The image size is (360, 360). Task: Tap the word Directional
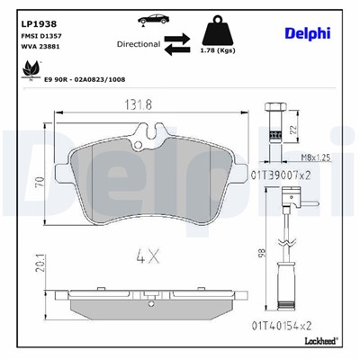(x=138, y=42)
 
